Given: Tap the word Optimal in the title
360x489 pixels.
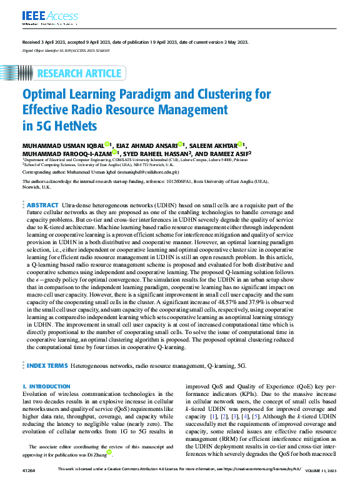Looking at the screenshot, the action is click(47, 95).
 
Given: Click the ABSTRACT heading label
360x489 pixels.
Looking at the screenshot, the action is click(42, 205).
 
